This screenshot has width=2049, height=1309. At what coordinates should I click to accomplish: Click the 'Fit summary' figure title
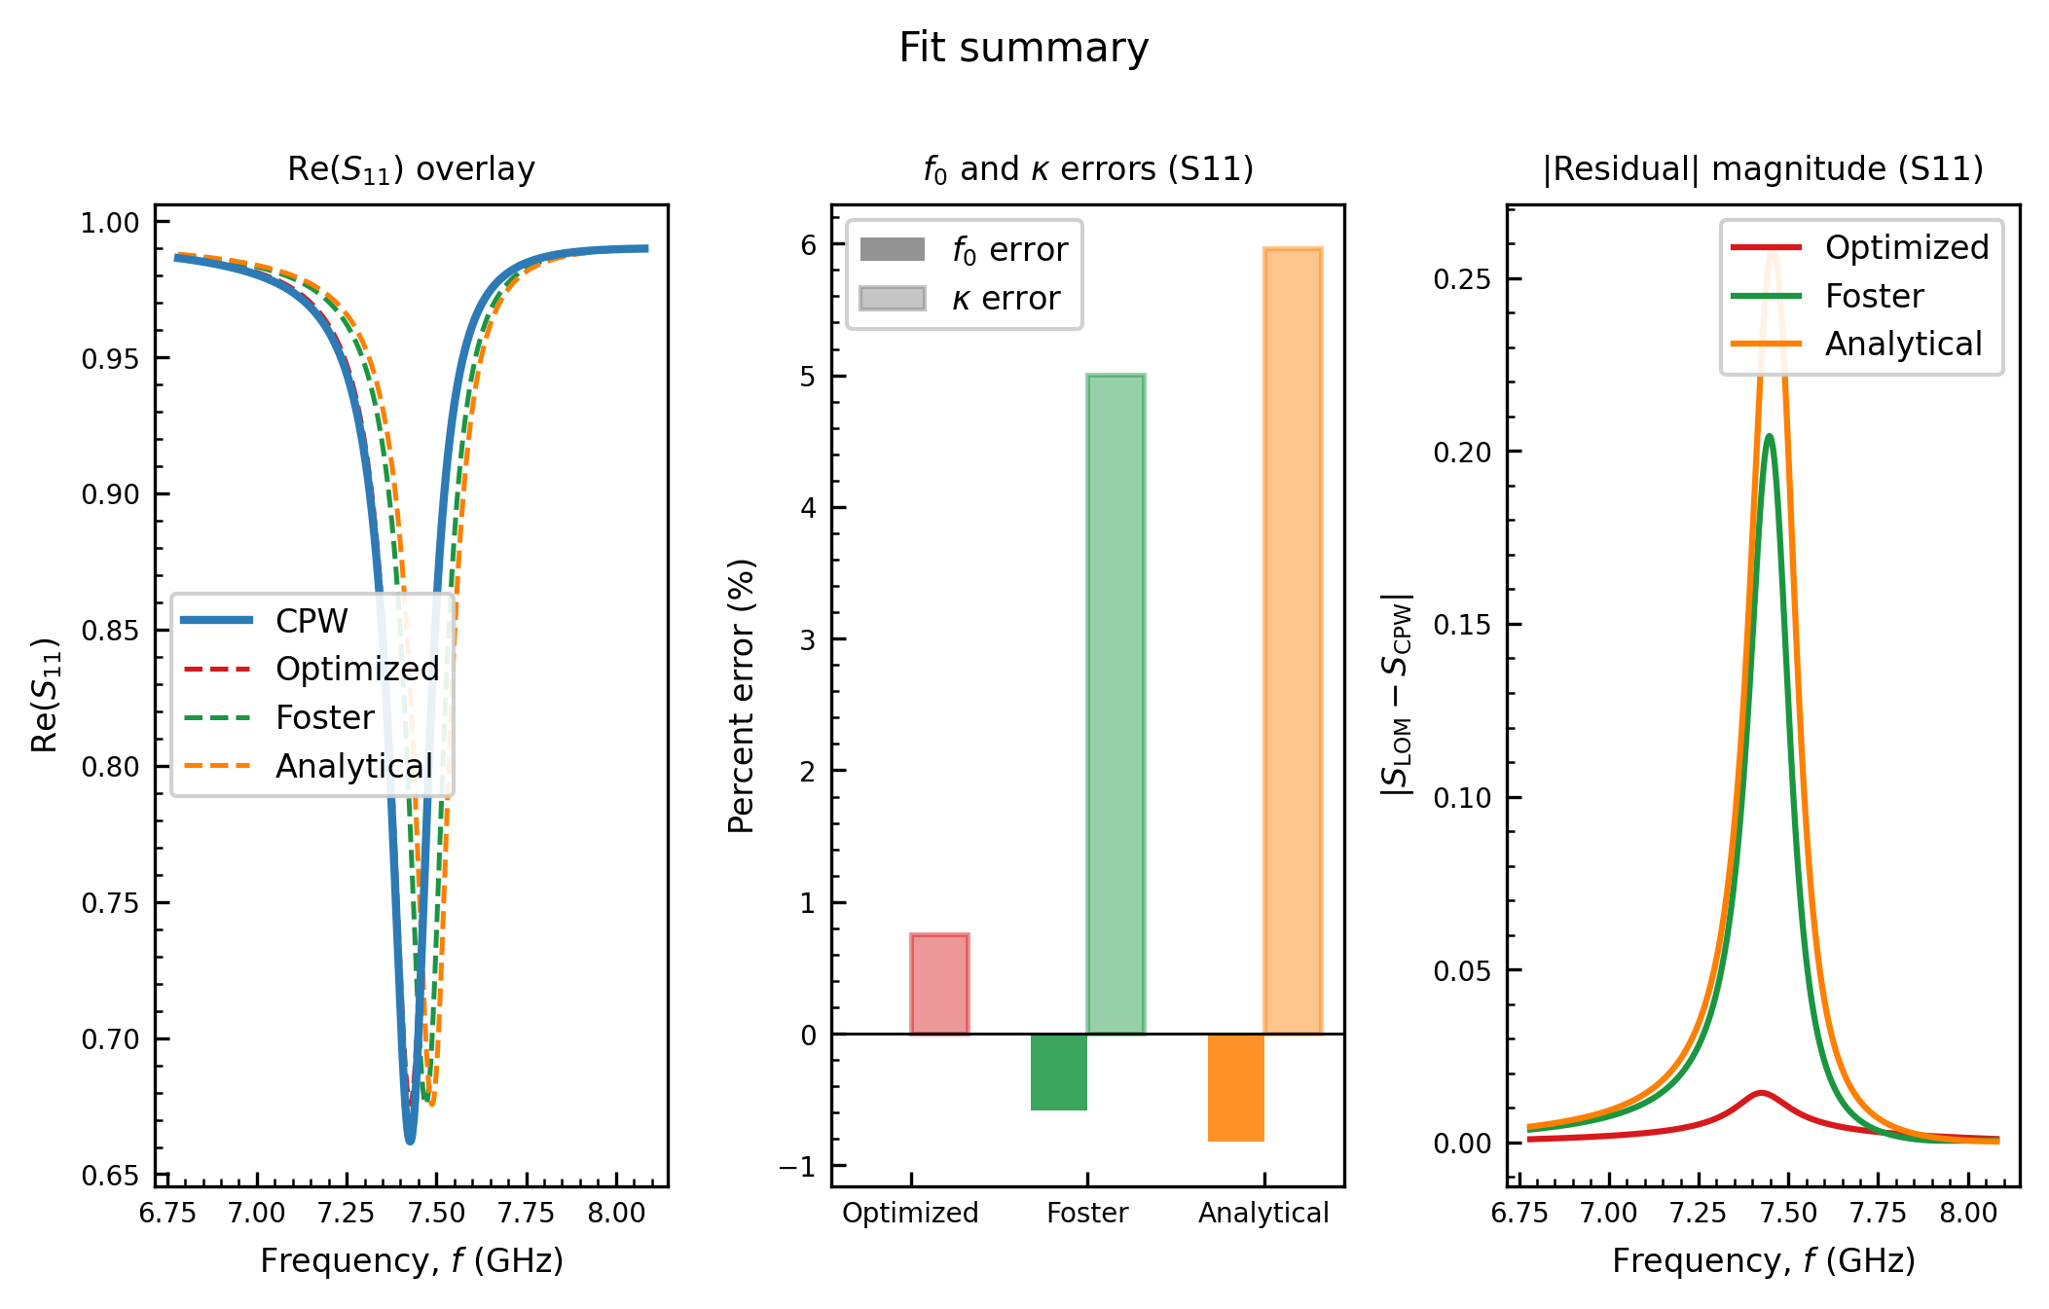(1023, 48)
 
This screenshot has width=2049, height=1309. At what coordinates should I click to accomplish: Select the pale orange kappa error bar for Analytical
(1293, 640)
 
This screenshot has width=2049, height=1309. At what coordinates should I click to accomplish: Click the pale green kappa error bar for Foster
(1116, 704)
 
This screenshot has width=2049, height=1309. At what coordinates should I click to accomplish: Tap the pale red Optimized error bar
(939, 984)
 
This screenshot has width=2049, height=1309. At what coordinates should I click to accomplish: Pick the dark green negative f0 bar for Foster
(1059, 1072)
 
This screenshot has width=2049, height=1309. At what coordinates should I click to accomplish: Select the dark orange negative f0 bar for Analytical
(1236, 1087)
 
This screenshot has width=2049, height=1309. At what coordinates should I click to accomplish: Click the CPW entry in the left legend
(266, 621)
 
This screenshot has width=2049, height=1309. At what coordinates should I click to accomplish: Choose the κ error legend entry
(960, 299)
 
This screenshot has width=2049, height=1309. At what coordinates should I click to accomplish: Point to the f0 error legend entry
(964, 250)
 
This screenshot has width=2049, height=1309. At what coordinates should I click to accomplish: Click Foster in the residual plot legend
(1827, 296)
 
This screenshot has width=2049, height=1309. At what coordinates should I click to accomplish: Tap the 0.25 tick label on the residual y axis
(1462, 279)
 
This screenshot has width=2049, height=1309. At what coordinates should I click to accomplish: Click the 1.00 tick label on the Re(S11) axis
(110, 223)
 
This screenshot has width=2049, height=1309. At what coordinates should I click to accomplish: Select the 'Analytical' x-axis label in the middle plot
(1263, 1213)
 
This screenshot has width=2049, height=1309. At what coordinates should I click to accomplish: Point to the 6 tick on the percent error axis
(809, 244)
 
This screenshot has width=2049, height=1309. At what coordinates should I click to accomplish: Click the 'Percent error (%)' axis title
(742, 696)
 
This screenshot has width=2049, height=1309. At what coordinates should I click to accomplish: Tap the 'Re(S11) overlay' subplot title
(411, 169)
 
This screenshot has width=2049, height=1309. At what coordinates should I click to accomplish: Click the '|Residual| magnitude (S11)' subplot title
(1763, 169)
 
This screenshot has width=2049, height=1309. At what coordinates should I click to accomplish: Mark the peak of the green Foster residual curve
(1769, 435)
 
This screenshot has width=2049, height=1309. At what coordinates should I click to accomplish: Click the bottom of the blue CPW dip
(410, 1140)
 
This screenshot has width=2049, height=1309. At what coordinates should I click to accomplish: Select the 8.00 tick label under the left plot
(616, 1213)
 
